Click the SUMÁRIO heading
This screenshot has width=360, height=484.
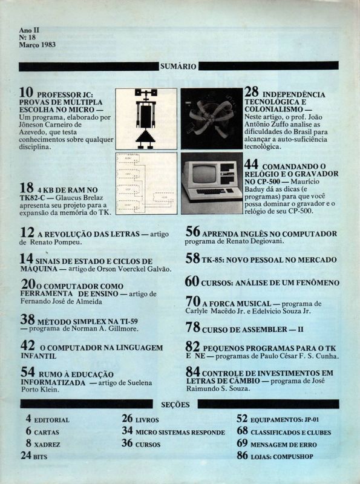click(178, 67)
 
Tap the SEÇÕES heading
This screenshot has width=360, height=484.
click(175, 405)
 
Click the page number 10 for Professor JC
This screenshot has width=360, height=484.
click(26, 93)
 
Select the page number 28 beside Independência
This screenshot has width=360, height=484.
click(251, 92)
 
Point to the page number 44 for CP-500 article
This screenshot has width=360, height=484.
click(251, 165)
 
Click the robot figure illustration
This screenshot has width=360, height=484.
click(146, 119)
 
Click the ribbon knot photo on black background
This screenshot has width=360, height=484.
click(212, 119)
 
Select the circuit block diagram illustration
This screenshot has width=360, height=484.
click(146, 183)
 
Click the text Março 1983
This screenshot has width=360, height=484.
click(38, 45)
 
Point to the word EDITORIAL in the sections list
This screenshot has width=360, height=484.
click(51, 420)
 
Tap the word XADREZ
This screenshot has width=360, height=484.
click(47, 445)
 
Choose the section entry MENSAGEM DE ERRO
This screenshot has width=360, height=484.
click(284, 445)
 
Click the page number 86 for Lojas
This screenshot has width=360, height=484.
click(243, 456)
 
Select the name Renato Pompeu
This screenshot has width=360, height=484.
click(56, 243)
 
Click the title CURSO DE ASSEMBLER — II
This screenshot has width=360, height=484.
click(252, 330)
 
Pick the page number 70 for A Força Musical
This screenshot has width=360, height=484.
click(193, 301)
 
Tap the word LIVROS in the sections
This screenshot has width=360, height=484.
click(147, 420)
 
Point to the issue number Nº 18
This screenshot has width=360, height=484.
click(27, 38)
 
